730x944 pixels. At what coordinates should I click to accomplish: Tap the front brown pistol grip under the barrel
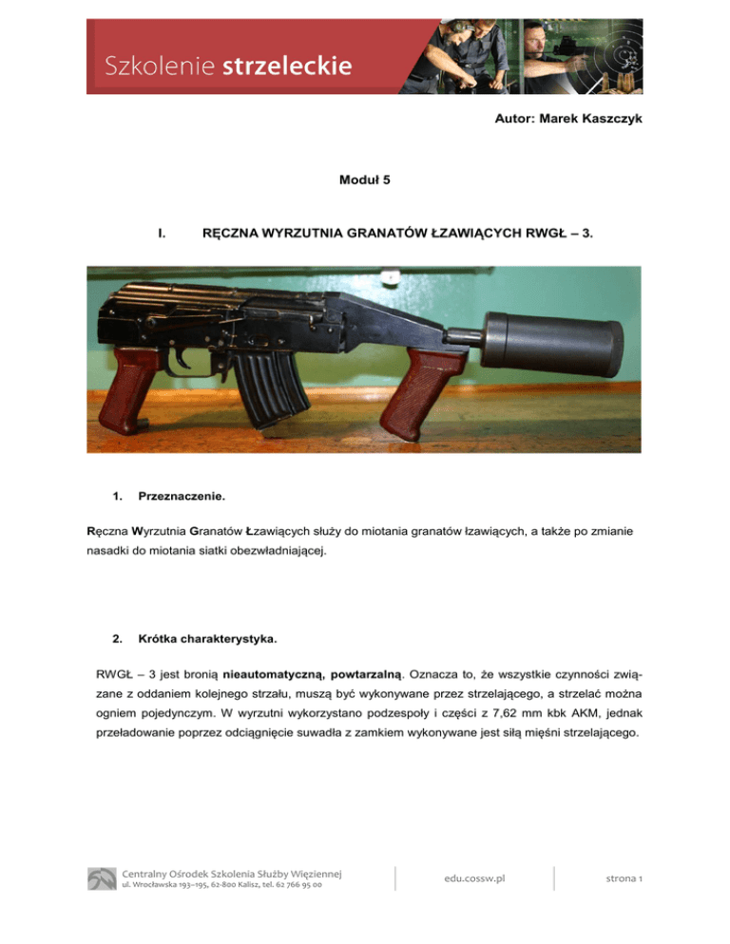coord(424,392)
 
